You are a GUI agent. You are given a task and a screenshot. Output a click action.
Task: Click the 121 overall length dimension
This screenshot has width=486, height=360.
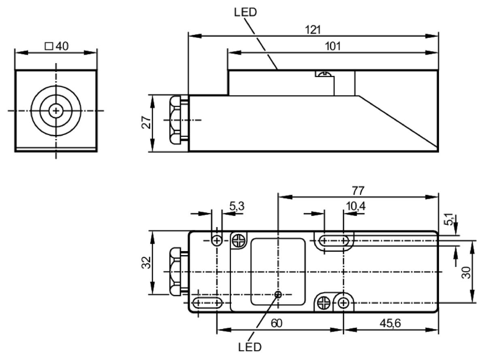click(x=313, y=30)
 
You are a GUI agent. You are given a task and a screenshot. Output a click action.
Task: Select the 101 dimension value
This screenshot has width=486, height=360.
click(x=333, y=46)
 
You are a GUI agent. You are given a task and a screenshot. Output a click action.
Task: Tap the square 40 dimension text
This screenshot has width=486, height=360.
click(x=57, y=46)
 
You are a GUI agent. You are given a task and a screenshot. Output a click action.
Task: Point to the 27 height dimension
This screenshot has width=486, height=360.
click(x=146, y=122)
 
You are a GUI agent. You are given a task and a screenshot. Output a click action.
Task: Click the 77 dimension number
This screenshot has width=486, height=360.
click(x=358, y=190)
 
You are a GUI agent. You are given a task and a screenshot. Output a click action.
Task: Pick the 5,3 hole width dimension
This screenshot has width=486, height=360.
click(x=237, y=206)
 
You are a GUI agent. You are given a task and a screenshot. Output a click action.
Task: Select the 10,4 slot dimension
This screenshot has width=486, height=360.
click(x=356, y=206)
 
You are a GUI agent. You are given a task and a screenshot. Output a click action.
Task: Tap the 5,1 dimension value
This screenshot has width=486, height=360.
click(x=448, y=219)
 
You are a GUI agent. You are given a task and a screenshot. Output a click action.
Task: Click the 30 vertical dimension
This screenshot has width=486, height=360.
click(x=466, y=273)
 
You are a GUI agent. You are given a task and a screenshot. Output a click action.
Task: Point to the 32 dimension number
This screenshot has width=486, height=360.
click(x=146, y=262)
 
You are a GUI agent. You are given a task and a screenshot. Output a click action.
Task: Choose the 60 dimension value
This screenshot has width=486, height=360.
click(x=277, y=323)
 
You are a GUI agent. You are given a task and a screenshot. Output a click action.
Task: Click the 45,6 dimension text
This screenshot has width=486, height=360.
click(x=390, y=323)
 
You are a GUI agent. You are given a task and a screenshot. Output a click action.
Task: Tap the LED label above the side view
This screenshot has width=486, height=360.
click(x=245, y=12)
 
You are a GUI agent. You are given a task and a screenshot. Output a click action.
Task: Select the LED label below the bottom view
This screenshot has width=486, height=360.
click(x=250, y=347)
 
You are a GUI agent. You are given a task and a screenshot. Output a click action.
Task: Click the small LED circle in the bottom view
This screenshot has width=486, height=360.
click(x=278, y=294)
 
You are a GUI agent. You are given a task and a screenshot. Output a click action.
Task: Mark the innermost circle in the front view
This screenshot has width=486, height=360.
click(x=56, y=111)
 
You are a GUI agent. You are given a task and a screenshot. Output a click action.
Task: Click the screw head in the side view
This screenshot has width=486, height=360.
click(x=324, y=74)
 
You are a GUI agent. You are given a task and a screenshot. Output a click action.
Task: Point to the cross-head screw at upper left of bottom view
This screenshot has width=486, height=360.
click(x=239, y=241)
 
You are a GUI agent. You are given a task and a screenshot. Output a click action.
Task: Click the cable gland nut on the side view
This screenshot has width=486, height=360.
click(x=175, y=120)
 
